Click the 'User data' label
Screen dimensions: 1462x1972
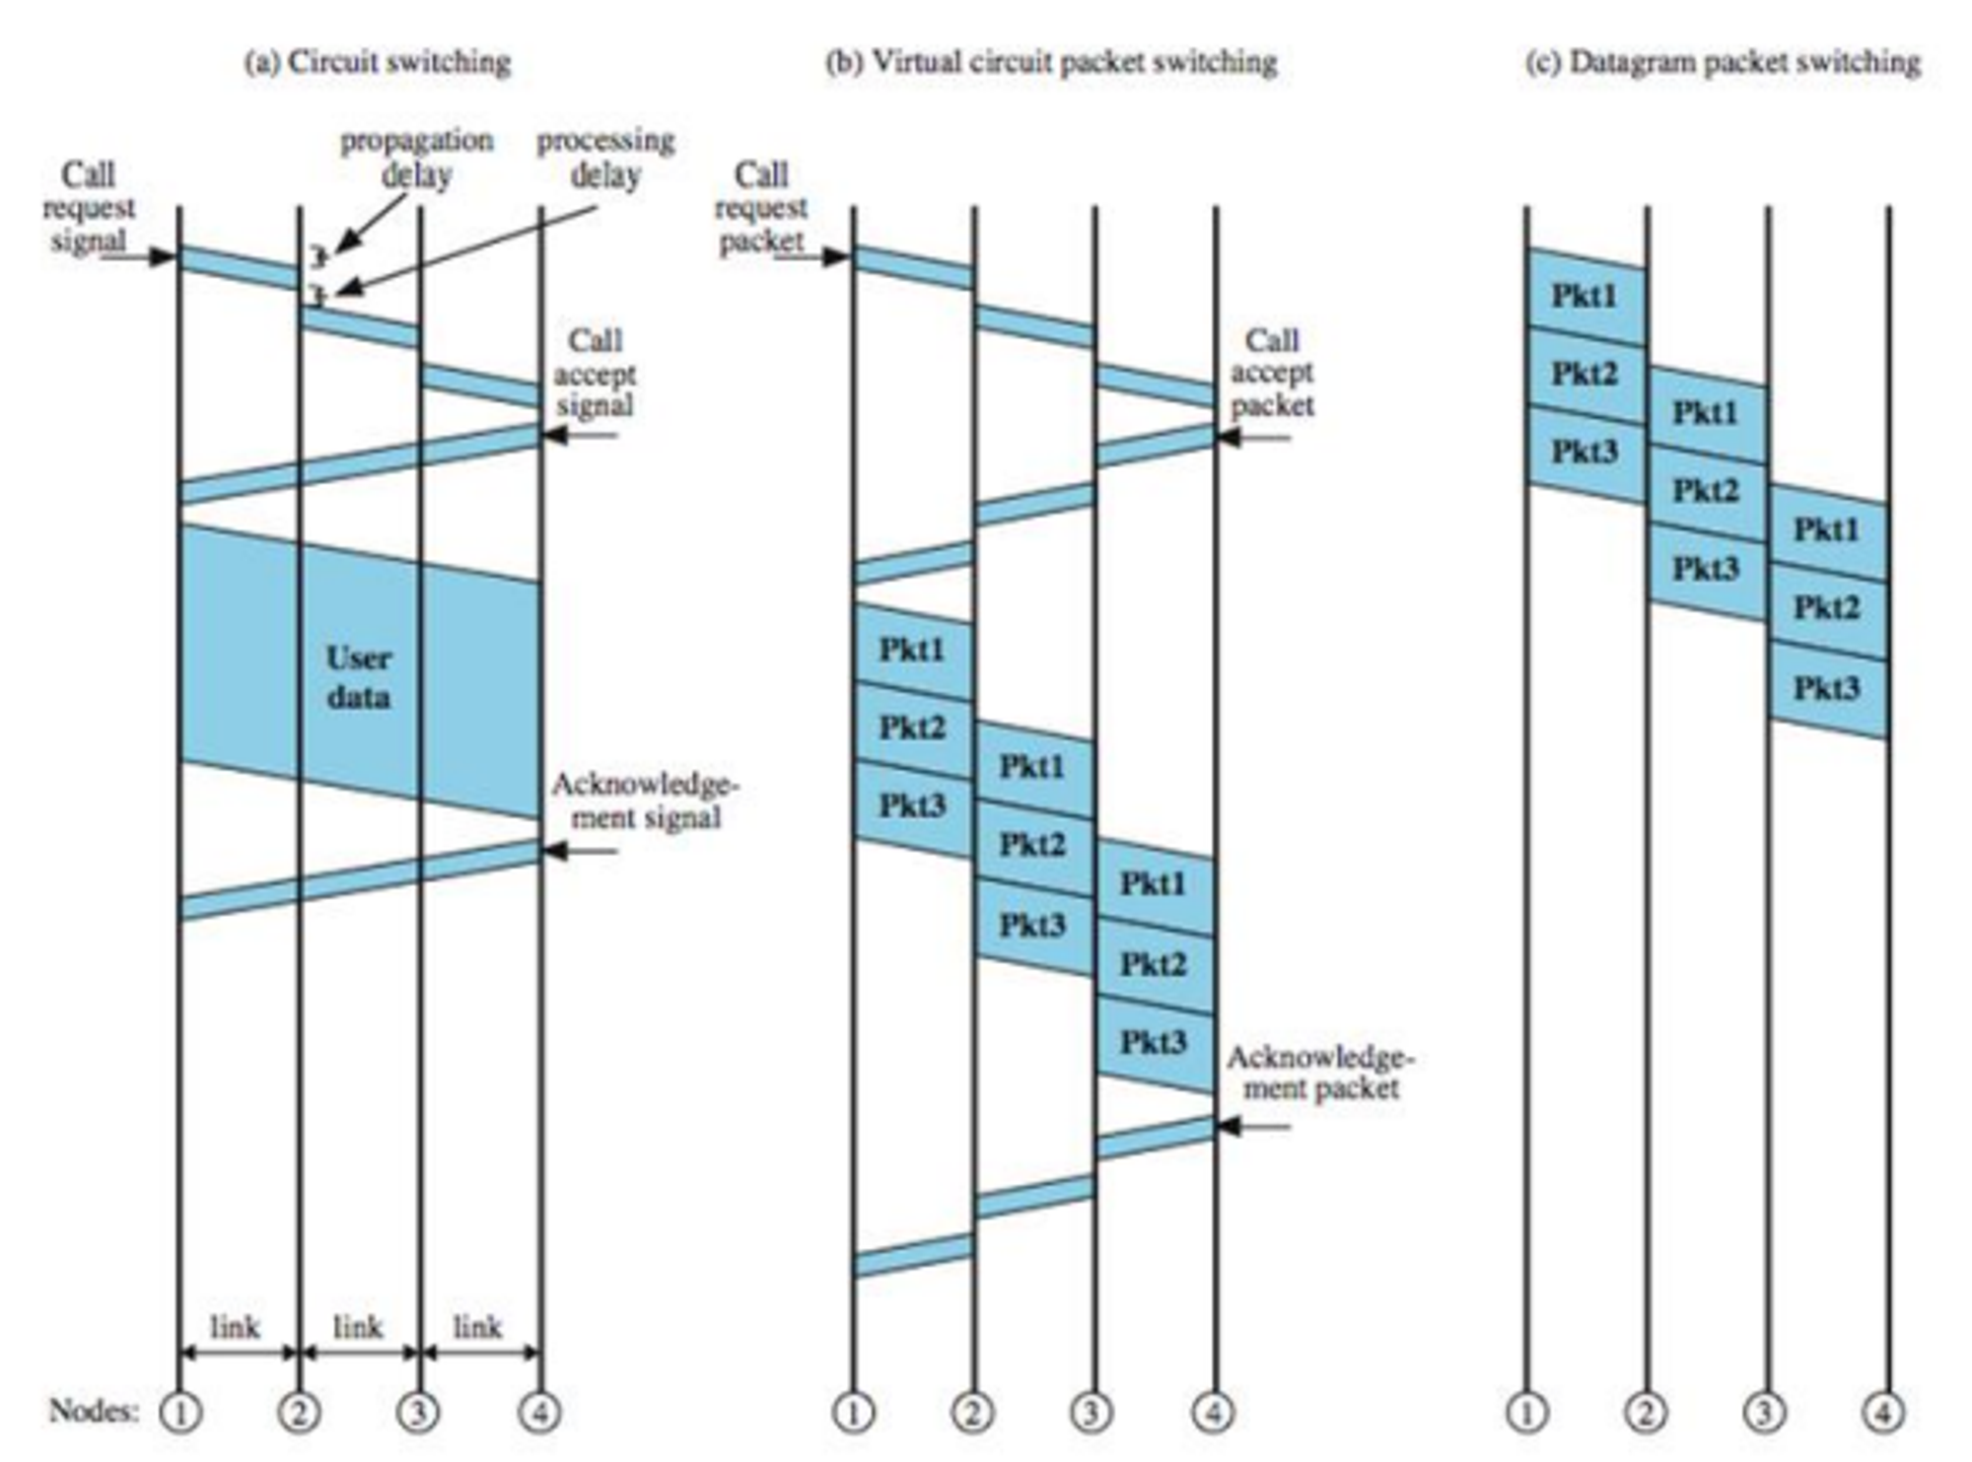(358, 678)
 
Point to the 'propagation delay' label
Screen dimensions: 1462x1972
(417, 158)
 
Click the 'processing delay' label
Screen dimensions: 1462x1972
(605, 158)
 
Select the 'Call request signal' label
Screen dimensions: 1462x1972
(89, 208)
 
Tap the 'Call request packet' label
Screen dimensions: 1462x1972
(761, 208)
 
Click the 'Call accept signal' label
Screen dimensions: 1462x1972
(595, 374)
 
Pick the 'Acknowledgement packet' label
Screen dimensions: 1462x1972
(1321, 1073)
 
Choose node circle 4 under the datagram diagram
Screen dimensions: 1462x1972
(1882, 1413)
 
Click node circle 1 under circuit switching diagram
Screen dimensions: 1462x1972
(180, 1413)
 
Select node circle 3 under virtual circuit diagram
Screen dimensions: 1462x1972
(1092, 1413)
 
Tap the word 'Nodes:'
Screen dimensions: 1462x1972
(94, 1411)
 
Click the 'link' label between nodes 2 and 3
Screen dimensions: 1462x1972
(357, 1327)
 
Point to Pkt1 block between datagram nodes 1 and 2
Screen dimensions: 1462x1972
(1585, 296)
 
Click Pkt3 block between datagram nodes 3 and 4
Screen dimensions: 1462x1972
(1826, 688)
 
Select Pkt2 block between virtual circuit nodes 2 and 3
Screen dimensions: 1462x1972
(1032, 845)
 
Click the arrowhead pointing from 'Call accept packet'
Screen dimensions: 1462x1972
(1229, 437)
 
